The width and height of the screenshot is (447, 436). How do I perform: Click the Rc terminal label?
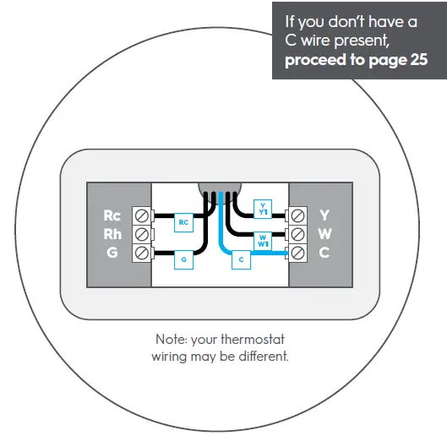[112, 215]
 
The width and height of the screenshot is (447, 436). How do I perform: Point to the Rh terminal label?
[112, 233]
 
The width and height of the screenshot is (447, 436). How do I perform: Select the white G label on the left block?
[112, 252]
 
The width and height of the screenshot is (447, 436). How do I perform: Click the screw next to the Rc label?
[141, 216]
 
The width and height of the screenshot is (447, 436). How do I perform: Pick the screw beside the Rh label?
[141, 234]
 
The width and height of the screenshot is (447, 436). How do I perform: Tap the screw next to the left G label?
[141, 253]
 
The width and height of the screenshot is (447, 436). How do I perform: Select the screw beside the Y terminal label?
[297, 216]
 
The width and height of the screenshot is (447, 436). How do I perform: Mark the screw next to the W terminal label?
[297, 234]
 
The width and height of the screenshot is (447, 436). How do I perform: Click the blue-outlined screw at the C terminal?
[297, 253]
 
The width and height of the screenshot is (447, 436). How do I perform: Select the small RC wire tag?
[183, 222]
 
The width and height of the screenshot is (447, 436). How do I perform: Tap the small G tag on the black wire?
[183, 261]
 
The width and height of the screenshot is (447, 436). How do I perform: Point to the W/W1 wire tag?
[263, 240]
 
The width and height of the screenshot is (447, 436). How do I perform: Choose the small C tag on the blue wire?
[242, 261]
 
